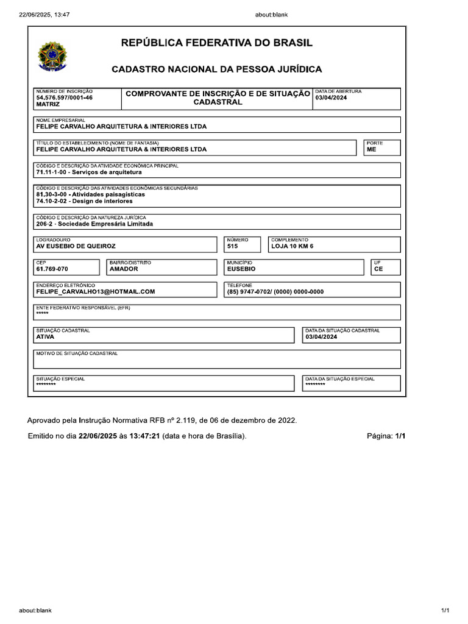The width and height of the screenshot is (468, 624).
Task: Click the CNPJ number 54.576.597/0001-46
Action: tap(65, 97)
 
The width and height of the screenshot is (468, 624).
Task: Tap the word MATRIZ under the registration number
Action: tap(48, 104)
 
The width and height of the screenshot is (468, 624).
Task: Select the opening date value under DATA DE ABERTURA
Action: tap(331, 97)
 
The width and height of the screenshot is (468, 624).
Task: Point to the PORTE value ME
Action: tap(371, 149)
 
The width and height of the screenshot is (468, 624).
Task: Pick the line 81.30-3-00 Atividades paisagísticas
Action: tap(91, 194)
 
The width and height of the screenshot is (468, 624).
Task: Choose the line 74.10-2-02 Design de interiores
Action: tap(84, 200)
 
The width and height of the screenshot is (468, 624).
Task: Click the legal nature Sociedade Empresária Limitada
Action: tap(94, 224)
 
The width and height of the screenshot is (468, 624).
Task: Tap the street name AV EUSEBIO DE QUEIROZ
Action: tap(76, 246)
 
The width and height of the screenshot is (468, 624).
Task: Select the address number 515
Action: tap(233, 246)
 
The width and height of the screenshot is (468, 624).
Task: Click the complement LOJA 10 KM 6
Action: tap(292, 246)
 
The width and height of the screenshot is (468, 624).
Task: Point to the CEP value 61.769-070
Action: tap(52, 269)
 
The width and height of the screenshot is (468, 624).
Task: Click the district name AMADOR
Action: tap(124, 269)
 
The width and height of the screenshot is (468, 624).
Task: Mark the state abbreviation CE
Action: tap(378, 269)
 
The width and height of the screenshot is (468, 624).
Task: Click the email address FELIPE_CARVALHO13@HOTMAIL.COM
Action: tap(96, 291)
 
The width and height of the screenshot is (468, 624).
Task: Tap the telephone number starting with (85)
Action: tap(275, 291)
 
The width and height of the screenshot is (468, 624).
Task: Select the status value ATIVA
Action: tap(46, 336)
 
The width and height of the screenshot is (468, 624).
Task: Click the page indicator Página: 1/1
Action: tap(386, 436)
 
